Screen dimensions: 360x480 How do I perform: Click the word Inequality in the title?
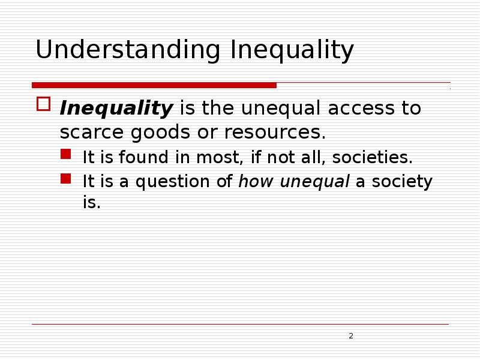point(292,51)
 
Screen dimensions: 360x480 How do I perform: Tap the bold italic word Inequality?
point(116,109)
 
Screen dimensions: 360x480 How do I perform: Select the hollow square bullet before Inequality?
point(43,104)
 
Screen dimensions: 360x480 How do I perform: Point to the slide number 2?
point(351,335)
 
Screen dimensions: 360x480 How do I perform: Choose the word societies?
point(373,158)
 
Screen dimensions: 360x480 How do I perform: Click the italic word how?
point(254,181)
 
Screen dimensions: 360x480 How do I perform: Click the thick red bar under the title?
point(154,85)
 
